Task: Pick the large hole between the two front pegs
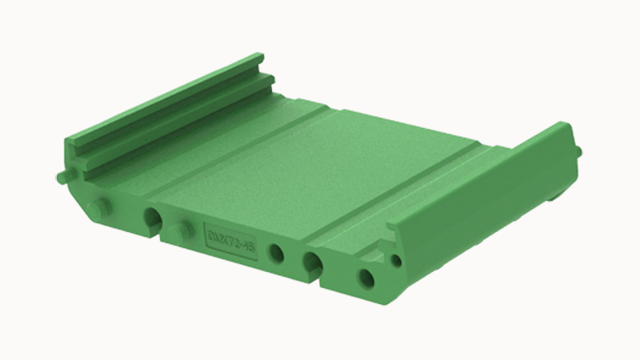(151, 218)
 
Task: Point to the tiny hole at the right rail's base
(395, 259)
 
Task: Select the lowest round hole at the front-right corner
(366, 278)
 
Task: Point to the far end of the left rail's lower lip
(270, 80)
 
